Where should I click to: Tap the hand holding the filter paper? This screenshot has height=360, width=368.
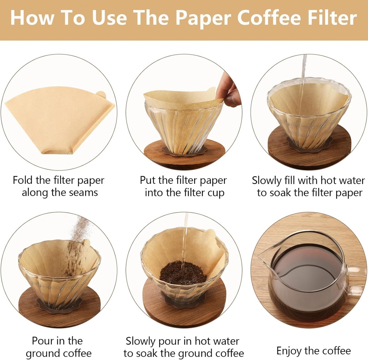pyautogui.click(x=229, y=90)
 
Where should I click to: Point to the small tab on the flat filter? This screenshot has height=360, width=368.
pyautogui.click(x=101, y=95)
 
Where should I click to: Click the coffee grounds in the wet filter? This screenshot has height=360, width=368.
pyautogui.click(x=183, y=273)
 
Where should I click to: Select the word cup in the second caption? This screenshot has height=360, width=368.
pyautogui.click(x=215, y=193)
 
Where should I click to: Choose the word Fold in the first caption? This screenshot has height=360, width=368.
pyautogui.click(x=23, y=180)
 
